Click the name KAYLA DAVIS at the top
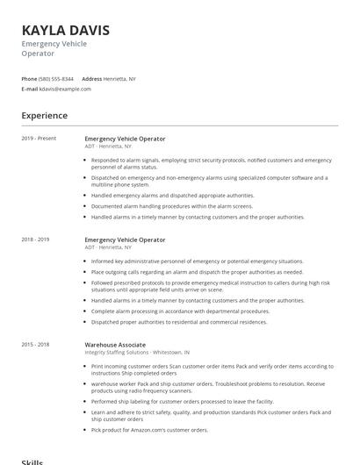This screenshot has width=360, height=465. pos(71,30)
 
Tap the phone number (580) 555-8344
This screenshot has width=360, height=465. pos(56,78)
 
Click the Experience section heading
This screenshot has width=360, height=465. pos(44,116)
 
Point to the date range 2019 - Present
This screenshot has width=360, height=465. pos(39,139)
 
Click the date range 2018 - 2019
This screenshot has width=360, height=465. pos(36,240)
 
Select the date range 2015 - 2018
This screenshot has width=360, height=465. pos(36,345)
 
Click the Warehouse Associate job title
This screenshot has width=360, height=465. pos(115,345)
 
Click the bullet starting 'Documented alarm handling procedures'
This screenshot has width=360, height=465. pos(171,205)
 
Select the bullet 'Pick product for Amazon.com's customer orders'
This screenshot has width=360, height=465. pos(149,430)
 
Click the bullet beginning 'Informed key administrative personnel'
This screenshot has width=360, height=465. pos(197,261)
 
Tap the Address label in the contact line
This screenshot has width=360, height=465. pos(91,78)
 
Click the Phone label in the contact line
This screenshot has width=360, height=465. pos(30,78)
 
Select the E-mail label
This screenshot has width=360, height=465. pos(29,89)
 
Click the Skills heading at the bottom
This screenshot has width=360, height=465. pos(32,461)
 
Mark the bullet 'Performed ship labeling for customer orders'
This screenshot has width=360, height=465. pos(189,401)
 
